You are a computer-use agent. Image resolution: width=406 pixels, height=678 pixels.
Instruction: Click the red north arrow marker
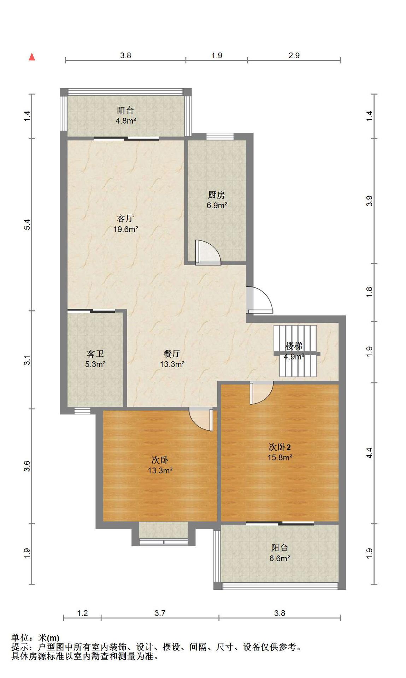(32, 56)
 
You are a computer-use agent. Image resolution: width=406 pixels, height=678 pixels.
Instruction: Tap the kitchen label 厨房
(216, 195)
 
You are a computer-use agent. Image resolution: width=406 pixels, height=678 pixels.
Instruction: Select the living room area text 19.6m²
(125, 229)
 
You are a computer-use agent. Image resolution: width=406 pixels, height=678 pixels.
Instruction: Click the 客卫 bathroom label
(95, 353)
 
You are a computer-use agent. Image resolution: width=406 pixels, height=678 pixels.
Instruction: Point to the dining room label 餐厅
(172, 353)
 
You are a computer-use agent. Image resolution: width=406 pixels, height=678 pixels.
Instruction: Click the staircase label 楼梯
(294, 345)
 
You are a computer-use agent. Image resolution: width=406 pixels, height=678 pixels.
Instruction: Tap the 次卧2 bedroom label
(280, 447)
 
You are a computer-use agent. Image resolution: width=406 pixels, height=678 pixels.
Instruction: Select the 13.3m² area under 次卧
(160, 470)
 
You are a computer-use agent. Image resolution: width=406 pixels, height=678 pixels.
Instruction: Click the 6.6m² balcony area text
(280, 558)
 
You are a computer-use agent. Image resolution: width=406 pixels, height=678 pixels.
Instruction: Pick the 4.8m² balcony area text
(126, 121)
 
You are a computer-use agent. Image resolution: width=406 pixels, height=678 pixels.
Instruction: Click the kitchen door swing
(208, 252)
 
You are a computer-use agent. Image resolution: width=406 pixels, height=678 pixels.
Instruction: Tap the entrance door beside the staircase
(260, 300)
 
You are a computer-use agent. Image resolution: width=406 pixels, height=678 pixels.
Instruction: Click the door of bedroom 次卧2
(261, 392)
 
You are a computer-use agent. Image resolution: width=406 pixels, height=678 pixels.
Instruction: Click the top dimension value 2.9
(294, 55)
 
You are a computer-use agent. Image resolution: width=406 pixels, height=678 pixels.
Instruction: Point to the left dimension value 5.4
(27, 225)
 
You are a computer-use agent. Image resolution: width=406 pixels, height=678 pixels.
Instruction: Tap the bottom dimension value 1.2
(82, 613)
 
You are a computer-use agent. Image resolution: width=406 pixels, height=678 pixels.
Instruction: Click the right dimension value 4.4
(369, 453)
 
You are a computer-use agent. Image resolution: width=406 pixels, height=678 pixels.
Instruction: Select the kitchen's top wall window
(220, 136)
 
